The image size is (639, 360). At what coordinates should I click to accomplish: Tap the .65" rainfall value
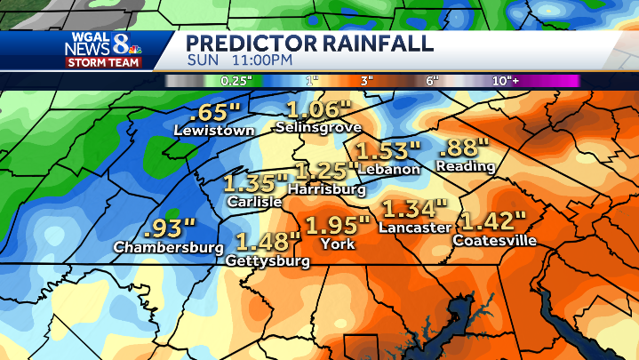point(215,113)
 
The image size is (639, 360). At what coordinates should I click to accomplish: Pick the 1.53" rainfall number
point(387,150)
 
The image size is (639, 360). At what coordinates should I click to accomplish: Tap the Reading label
point(467,166)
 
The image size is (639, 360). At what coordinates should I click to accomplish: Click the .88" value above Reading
point(463,148)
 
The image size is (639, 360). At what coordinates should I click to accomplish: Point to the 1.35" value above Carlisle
point(256,184)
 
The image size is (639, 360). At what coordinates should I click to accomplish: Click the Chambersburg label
point(168,246)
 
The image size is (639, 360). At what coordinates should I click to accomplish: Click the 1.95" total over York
point(337,225)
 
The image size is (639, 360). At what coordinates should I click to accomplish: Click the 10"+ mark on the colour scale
point(507,81)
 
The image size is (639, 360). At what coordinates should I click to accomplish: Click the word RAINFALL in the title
point(364,43)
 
